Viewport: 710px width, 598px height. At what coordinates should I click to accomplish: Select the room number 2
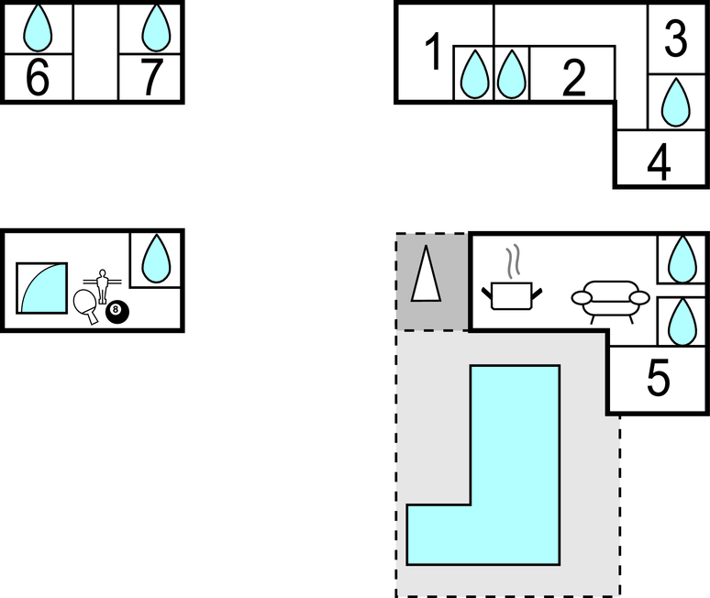[x=573, y=80]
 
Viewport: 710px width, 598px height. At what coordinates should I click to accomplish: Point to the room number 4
[x=659, y=164]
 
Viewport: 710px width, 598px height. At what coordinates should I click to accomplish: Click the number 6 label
[x=37, y=79]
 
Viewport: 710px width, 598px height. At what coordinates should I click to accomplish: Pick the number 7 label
[x=152, y=79]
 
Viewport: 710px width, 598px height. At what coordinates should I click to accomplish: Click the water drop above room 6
[x=37, y=28]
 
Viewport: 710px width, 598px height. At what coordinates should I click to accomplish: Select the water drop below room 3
[x=676, y=102]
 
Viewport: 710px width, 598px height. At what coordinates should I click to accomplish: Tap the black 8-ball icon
[x=116, y=312]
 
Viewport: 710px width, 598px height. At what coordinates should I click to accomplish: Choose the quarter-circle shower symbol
[x=42, y=288]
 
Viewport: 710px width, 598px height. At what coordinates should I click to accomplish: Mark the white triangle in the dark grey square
[x=425, y=274]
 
